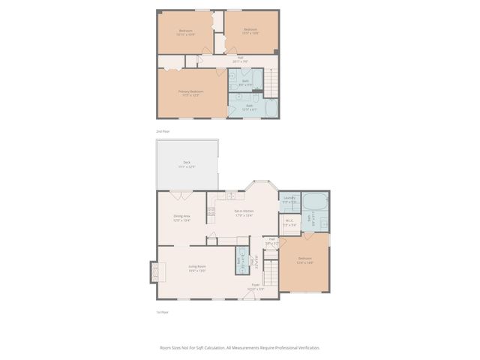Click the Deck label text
[187, 163]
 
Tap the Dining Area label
[182, 216]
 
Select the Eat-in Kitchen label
[244, 211]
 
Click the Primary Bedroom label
[191, 91]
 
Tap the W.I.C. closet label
[289, 220]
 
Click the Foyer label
[255, 284]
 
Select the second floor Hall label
[240, 57]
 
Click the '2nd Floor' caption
[163, 131]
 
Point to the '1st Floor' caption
[163, 312]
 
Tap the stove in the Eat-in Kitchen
[211, 212]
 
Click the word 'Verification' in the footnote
[305, 348]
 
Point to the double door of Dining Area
[180, 195]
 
